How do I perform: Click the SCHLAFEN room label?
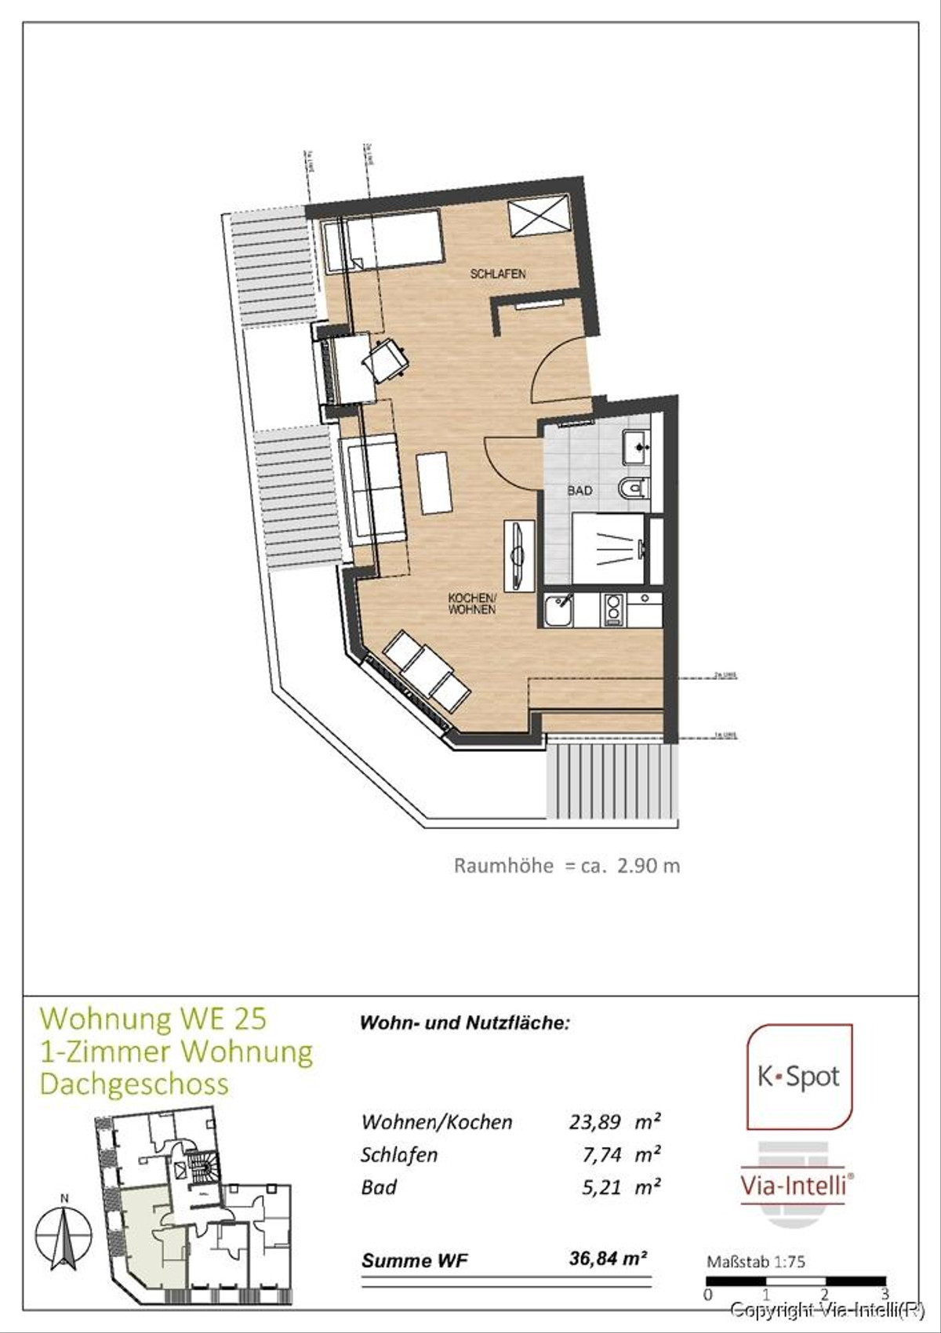click(497, 274)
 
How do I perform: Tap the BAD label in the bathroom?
click(579, 491)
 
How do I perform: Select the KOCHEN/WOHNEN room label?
click(471, 604)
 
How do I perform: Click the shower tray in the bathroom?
click(609, 548)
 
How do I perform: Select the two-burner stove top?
click(612, 610)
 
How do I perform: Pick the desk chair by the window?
click(386, 360)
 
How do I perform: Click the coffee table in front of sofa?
click(434, 483)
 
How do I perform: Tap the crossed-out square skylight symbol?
click(538, 216)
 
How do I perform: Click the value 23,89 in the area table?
click(595, 1122)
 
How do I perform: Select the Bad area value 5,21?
click(602, 1187)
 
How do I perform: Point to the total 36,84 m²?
click(609, 1259)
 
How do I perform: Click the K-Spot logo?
click(798, 1077)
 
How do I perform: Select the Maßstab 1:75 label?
click(755, 1262)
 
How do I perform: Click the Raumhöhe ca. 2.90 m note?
click(566, 866)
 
